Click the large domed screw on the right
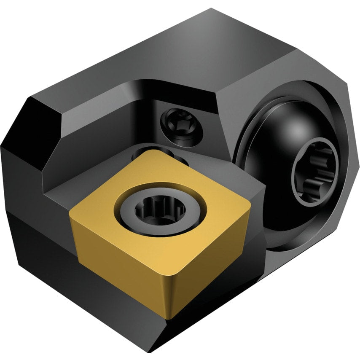pos(287,139)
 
